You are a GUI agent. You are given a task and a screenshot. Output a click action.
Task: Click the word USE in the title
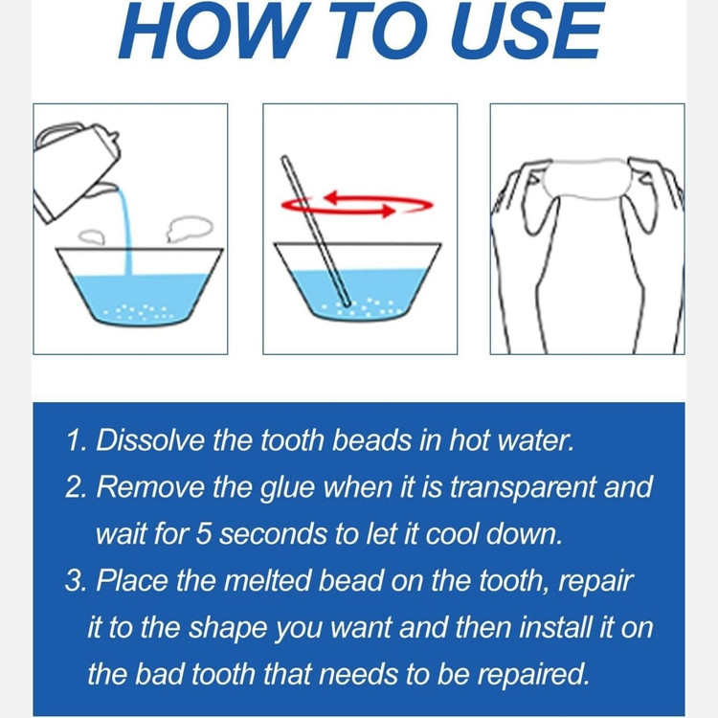coord(527,31)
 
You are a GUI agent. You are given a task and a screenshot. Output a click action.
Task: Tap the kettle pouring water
coord(76,170)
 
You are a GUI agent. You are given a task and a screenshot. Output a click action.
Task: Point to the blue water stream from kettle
coord(125,232)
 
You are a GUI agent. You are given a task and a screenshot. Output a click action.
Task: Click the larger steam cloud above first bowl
coord(190,229)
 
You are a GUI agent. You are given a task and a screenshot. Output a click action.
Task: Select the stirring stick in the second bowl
coord(316,232)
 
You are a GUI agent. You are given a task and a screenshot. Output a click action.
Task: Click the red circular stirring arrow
coord(357,204)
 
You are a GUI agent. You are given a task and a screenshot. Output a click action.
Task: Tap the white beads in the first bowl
coord(139,313)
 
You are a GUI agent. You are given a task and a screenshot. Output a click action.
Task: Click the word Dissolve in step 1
coord(150,440)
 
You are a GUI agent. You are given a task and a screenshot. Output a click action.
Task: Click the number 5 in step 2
coord(204,533)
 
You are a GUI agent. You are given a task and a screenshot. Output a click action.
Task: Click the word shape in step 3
coord(228,629)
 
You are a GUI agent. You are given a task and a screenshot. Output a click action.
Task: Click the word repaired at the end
coord(533,676)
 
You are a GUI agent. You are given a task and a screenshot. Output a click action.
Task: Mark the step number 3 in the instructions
coord(74,580)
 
